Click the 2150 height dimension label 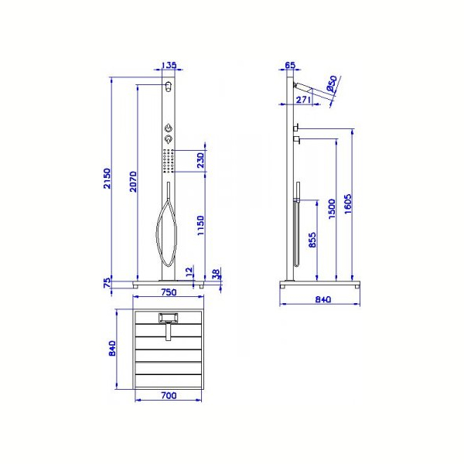[107, 178]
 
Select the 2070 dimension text [134, 182]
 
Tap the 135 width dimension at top [169, 65]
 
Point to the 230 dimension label [201, 160]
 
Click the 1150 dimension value [201, 226]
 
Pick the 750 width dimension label [169, 292]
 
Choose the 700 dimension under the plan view [169, 395]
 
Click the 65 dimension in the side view [290, 65]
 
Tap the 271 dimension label [303, 100]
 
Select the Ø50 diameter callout [332, 84]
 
